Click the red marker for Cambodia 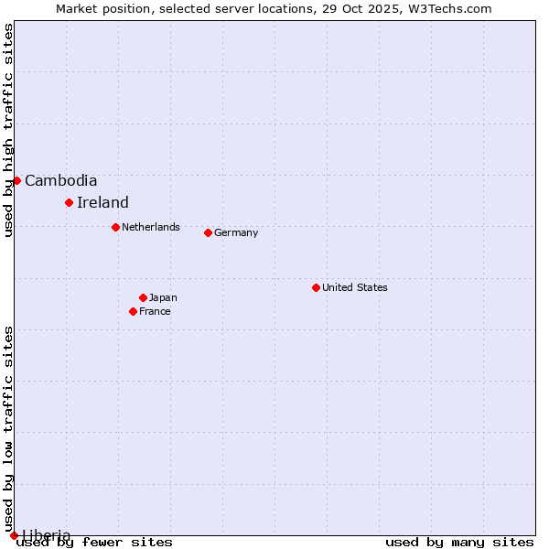(16, 180)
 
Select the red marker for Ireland (69, 202)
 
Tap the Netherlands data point (115, 227)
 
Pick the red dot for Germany (208, 232)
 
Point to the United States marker (316, 287)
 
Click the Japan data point (143, 297)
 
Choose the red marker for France (133, 311)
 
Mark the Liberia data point (14, 535)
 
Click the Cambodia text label (60, 180)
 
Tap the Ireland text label (102, 202)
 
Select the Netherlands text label (151, 227)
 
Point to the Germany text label (236, 232)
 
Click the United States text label (355, 287)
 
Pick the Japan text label (163, 297)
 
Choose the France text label (155, 311)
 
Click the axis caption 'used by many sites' (459, 542)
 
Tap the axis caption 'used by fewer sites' (94, 542)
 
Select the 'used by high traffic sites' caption (8, 130)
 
